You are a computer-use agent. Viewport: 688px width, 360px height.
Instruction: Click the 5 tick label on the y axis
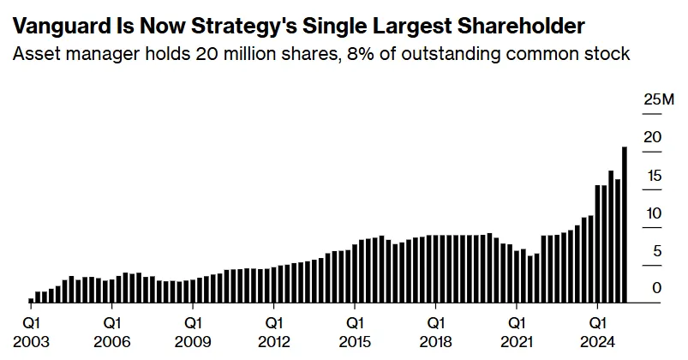point(657,251)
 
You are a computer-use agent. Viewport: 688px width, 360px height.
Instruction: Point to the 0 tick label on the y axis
point(657,289)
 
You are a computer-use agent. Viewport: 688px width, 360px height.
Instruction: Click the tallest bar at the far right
point(624,225)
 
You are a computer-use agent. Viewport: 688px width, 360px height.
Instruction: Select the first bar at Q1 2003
point(31,300)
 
